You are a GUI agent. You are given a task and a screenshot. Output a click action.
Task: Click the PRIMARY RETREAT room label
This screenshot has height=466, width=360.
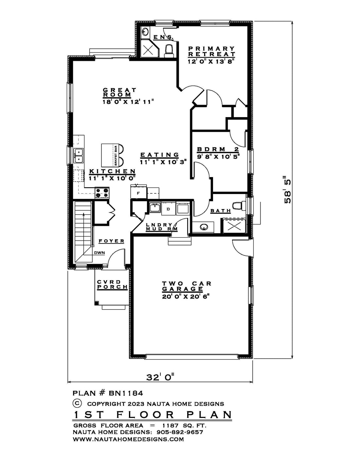[x=211, y=51]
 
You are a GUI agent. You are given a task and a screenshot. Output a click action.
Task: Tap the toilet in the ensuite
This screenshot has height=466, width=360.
[x=169, y=51]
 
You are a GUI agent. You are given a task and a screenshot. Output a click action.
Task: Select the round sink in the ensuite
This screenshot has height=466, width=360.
[x=145, y=32]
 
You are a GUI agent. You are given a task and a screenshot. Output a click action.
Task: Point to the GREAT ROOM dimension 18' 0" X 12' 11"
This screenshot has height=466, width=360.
[x=129, y=101]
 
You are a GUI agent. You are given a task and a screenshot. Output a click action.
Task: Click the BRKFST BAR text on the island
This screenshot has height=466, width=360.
[x=116, y=156]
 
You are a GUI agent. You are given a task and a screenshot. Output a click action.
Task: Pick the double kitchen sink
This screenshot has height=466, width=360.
[x=79, y=155]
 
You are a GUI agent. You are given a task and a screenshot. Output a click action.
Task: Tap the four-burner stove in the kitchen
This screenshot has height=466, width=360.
[x=102, y=192]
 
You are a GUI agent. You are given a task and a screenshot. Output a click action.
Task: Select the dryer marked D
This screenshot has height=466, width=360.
[x=168, y=208]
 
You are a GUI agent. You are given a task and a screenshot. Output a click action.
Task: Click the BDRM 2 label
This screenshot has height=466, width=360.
[x=218, y=149]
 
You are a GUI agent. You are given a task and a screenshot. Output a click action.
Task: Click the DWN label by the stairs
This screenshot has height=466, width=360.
[x=99, y=253]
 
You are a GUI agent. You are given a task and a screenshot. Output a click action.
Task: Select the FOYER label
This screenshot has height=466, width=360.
[x=112, y=241]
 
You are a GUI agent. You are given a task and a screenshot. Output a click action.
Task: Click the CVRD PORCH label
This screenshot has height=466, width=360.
[x=112, y=284]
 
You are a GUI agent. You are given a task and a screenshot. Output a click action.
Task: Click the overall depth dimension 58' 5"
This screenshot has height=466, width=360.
[x=287, y=190]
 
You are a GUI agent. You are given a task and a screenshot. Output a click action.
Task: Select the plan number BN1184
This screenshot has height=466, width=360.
[x=126, y=393]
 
